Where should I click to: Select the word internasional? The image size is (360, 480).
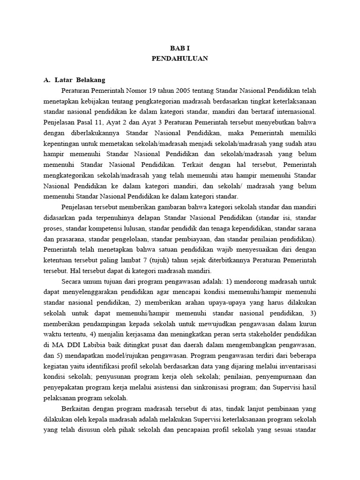pyautogui.click(x=294, y=112)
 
